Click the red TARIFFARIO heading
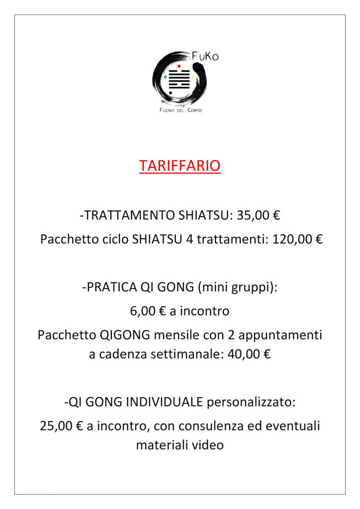click(x=180, y=166)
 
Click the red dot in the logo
click(x=179, y=66)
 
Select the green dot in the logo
click(x=165, y=77)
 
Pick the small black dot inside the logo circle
click(x=171, y=93)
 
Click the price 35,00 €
click(x=263, y=216)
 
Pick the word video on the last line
click(x=208, y=445)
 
